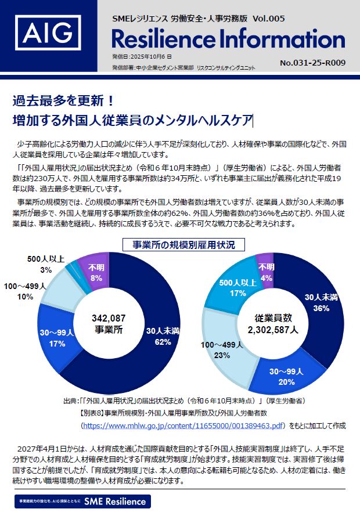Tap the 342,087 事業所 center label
pos(109,323)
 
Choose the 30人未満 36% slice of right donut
pos(319,302)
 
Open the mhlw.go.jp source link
pos(184,426)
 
